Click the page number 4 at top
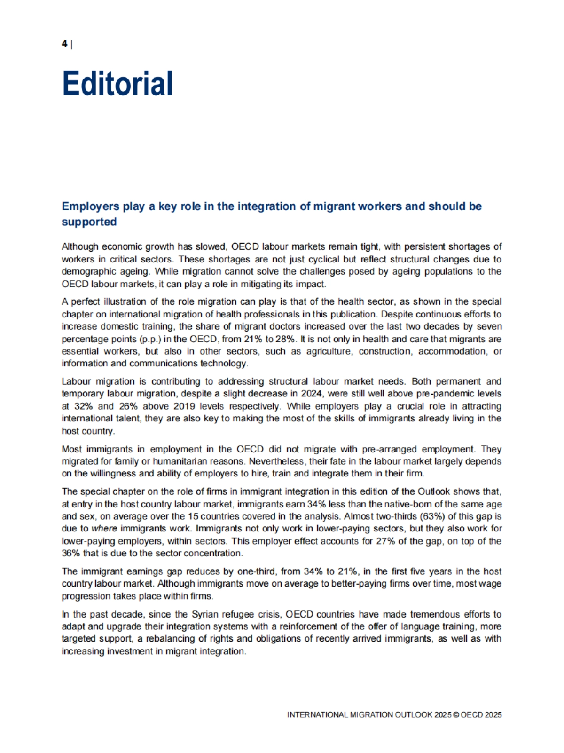(x=64, y=44)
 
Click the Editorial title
(x=117, y=84)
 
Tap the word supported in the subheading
(x=89, y=222)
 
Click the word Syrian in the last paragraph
(x=205, y=614)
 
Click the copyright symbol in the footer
(x=455, y=715)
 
